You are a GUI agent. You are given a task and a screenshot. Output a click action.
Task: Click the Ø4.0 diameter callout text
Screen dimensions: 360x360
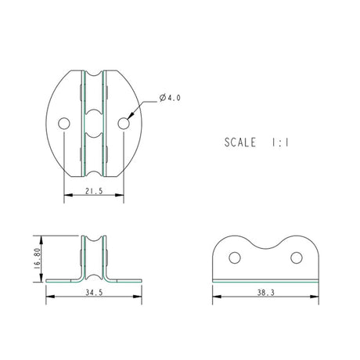[x=170, y=98]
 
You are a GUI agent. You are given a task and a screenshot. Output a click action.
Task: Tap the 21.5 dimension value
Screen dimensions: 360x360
[x=94, y=191]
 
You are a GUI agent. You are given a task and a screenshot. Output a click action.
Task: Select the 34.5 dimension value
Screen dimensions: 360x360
[x=94, y=293]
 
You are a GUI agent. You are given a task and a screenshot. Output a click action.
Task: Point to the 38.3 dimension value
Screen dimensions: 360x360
[x=266, y=293]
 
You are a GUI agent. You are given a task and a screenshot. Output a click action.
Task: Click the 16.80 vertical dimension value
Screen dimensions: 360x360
[x=37, y=258]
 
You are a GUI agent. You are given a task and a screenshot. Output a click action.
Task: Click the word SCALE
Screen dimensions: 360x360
[x=240, y=142]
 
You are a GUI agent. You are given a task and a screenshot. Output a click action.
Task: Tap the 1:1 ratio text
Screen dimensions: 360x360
[x=280, y=142]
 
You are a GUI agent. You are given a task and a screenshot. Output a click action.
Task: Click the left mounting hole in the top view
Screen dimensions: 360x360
[x=64, y=124]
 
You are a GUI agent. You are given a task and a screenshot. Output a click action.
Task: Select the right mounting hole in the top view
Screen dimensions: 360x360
[x=124, y=124]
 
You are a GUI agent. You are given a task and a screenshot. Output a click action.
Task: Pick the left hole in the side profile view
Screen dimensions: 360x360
[x=235, y=257]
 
